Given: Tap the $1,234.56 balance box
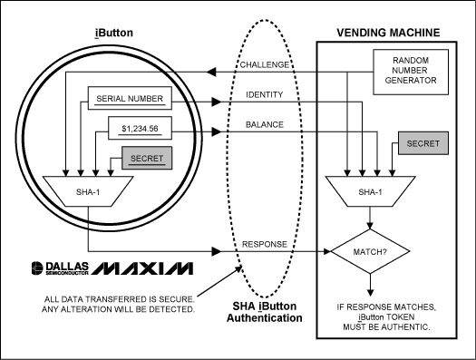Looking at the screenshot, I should [139, 130].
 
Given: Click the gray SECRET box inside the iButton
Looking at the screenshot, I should [139, 160].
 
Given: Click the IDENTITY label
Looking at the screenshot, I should [265, 94].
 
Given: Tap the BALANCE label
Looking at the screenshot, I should [265, 124].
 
